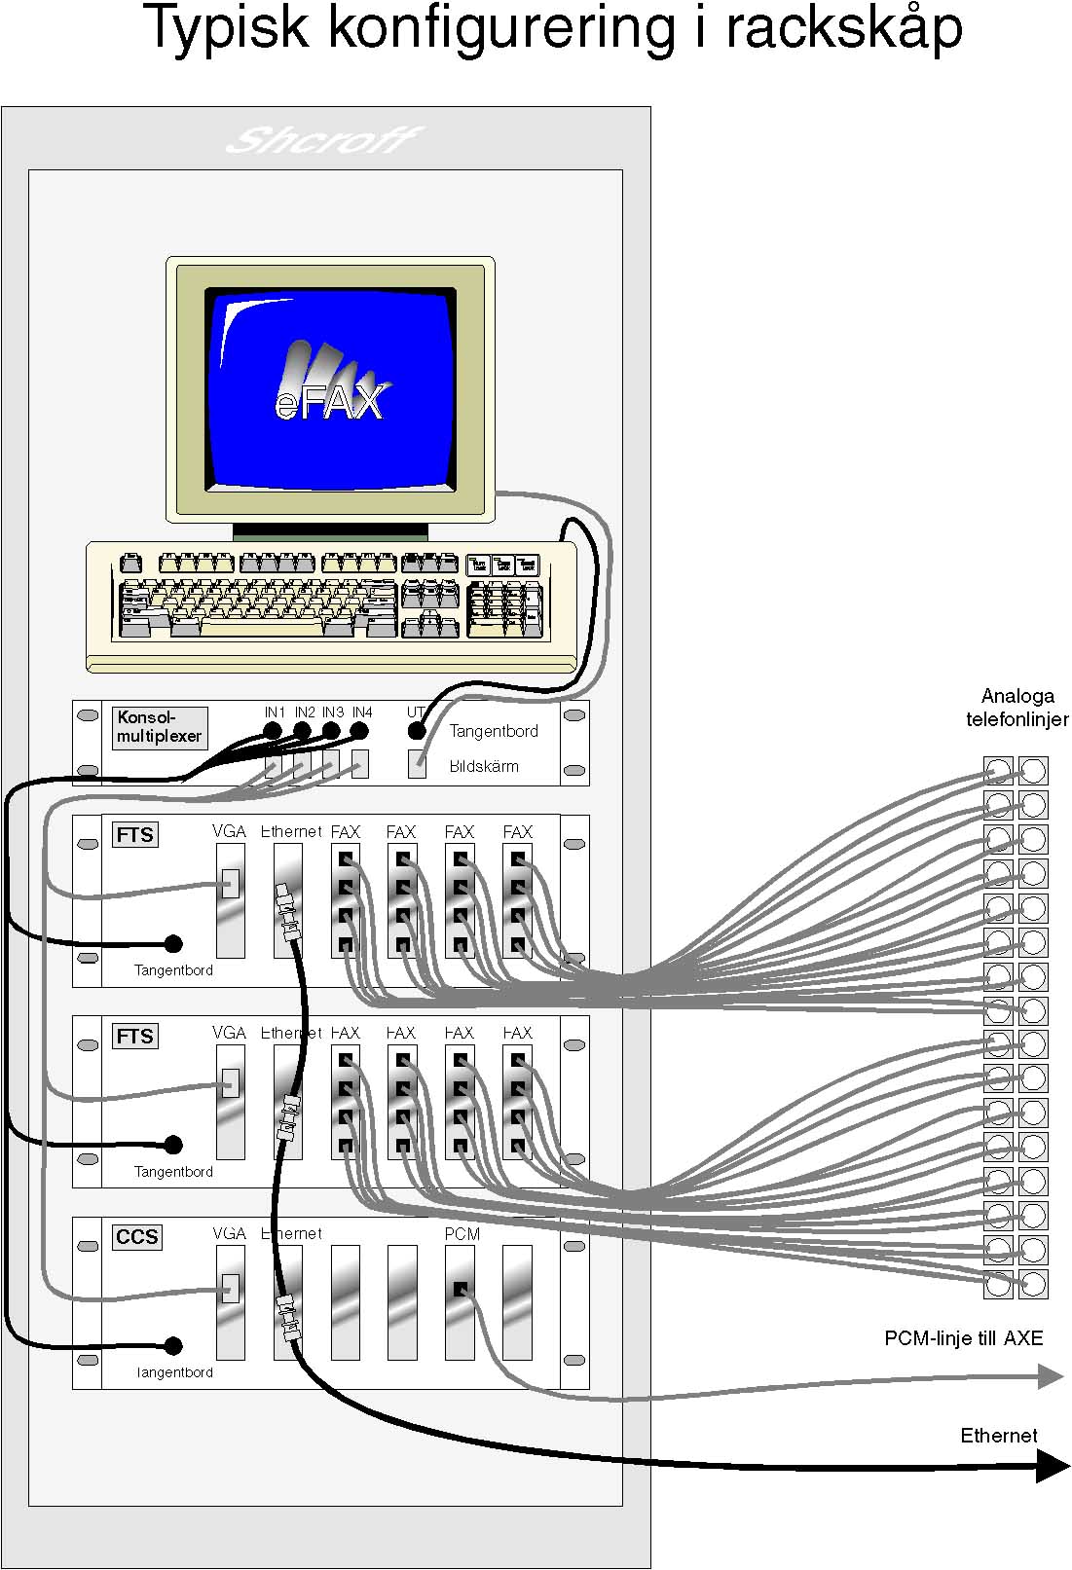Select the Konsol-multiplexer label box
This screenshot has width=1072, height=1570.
pyautogui.click(x=159, y=727)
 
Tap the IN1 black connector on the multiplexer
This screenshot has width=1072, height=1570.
pyautogui.click(x=274, y=731)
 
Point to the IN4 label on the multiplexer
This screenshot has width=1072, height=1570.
pyautogui.click(x=362, y=712)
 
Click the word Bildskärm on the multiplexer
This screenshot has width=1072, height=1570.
pyautogui.click(x=484, y=766)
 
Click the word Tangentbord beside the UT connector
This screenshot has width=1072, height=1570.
pyautogui.click(x=494, y=731)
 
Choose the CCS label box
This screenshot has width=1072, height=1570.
pyautogui.click(x=136, y=1237)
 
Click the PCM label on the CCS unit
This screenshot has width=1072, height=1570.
pyautogui.click(x=462, y=1234)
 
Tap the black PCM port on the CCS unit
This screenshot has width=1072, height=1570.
pyautogui.click(x=461, y=1290)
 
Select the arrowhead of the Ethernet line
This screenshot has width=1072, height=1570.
pyautogui.click(x=1052, y=1466)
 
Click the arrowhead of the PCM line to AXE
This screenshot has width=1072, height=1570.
pyautogui.click(x=1052, y=1376)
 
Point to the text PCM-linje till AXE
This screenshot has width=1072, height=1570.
pyautogui.click(x=963, y=1338)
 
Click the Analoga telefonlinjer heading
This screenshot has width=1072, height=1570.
pyautogui.click(x=1017, y=708)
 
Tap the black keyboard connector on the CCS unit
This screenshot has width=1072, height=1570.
pyautogui.click(x=173, y=1346)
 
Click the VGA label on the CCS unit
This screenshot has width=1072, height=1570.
pyautogui.click(x=229, y=1234)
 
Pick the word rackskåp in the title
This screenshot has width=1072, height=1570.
pyautogui.click(x=844, y=27)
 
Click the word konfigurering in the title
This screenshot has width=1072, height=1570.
pyautogui.click(x=500, y=27)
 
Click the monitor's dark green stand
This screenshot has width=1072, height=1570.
pyautogui.click(x=330, y=531)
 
